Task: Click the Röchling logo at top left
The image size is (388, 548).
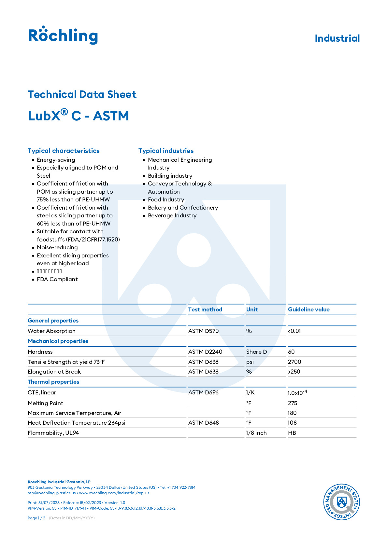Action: tap(63, 35)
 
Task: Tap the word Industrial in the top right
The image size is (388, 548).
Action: tap(337, 38)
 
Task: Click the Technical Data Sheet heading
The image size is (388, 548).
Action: tap(82, 94)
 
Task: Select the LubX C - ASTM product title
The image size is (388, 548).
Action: tap(79, 116)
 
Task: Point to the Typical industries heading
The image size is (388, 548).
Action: tap(166, 151)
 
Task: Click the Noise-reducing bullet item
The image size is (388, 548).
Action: tap(57, 247)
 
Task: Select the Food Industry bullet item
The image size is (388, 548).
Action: tap(166, 199)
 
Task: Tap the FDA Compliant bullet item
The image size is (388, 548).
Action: tap(57, 279)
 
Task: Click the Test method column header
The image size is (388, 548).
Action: tap(205, 309)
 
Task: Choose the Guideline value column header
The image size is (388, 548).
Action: tap(309, 309)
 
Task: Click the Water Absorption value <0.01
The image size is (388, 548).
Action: tap(295, 331)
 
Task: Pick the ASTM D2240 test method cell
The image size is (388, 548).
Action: tap(205, 352)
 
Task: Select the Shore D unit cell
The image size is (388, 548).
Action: tap(256, 352)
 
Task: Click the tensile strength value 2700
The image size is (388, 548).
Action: tap(295, 362)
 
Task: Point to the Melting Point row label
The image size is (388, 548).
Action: tap(46, 403)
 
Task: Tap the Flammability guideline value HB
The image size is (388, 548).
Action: tap(292, 433)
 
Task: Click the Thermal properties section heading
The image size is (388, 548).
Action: tap(53, 382)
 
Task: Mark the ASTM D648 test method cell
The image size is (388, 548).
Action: tap(204, 423)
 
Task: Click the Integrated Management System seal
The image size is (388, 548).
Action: tap(341, 501)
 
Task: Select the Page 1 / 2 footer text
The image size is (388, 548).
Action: tap(36, 518)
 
